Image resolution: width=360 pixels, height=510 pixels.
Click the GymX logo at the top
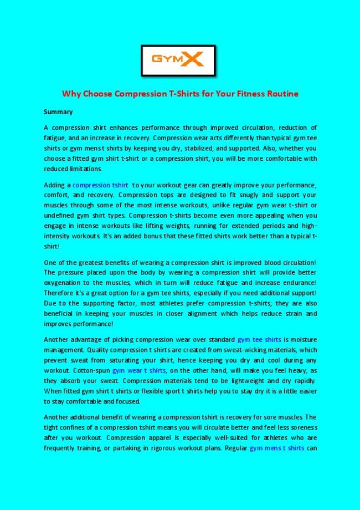(x=178, y=60)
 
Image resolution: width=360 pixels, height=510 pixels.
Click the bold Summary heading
(x=58, y=112)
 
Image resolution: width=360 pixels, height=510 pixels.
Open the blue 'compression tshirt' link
(x=100, y=185)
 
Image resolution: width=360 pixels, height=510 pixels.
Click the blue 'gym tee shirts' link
(x=259, y=340)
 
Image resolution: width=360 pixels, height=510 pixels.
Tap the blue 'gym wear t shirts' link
(x=138, y=371)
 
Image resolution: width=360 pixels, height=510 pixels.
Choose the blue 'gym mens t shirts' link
(x=276, y=448)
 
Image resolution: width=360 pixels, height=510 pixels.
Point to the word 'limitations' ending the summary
(x=87, y=169)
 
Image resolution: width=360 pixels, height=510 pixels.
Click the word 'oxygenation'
(x=63, y=283)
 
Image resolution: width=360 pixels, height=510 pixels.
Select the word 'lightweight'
(x=246, y=381)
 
